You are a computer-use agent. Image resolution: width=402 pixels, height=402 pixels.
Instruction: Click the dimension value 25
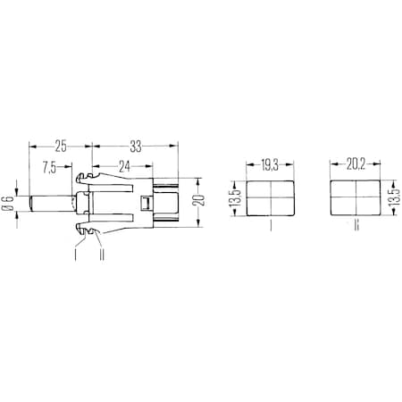(61, 144)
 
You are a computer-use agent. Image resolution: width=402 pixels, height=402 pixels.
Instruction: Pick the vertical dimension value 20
(203, 201)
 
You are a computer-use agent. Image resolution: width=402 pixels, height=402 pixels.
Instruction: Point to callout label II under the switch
(105, 254)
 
